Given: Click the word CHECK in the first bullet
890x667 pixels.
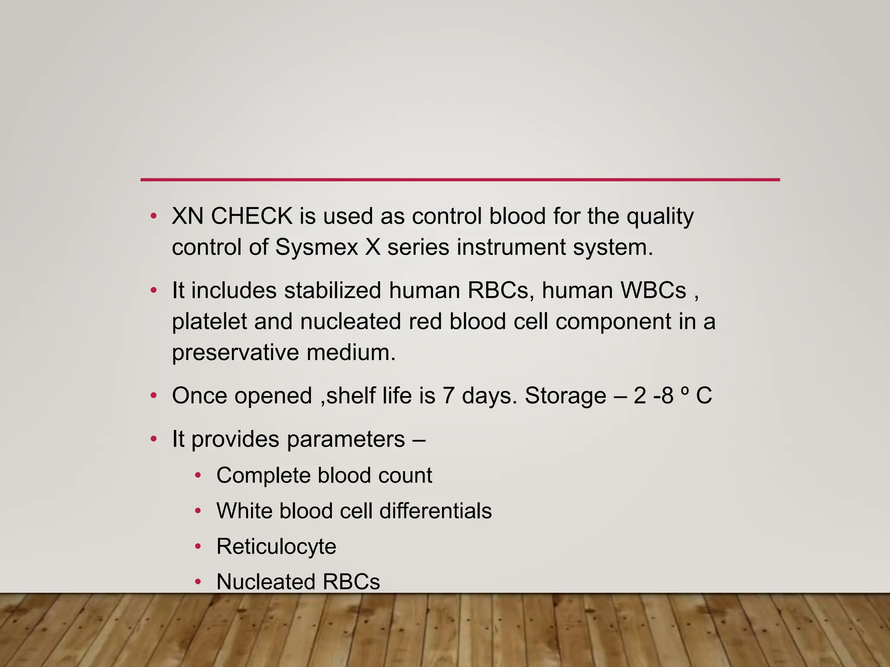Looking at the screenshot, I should point(252,216).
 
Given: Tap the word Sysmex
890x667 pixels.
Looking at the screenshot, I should point(316,248).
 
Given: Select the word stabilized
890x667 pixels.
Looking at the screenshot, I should point(333,291).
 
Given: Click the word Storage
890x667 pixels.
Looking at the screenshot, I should point(565,396).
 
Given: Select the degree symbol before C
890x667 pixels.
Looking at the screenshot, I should point(684,390).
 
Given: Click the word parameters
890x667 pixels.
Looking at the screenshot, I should point(346,439).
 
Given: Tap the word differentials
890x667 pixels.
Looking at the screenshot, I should point(435,511).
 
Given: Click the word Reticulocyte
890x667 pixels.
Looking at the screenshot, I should point(276,547).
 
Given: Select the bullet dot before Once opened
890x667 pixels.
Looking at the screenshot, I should point(153,396).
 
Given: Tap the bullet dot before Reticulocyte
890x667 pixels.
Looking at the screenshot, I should point(198,547).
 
